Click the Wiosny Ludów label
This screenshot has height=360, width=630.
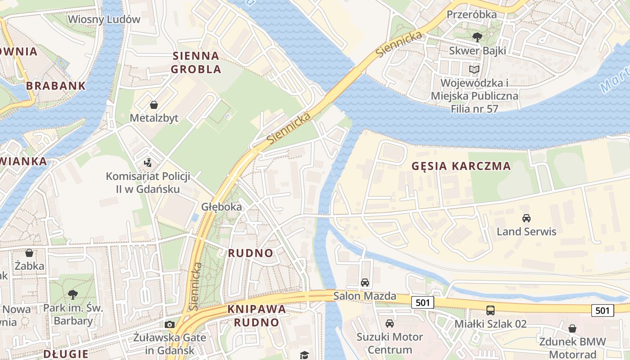click(x=104, y=19)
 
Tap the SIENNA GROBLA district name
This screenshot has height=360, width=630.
click(x=196, y=63)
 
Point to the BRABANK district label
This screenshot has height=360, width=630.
click(x=56, y=86)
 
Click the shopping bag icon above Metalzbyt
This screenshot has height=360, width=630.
click(x=154, y=105)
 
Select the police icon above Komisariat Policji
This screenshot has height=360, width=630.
click(x=148, y=162)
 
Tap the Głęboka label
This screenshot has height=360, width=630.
click(x=221, y=207)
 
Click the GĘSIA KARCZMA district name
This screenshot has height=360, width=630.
click(x=461, y=166)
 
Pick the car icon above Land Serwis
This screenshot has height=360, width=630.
click(x=526, y=218)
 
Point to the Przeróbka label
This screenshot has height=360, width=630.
click(x=472, y=14)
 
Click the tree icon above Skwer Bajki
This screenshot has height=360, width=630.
click(x=477, y=37)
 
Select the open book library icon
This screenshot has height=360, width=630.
click(x=474, y=69)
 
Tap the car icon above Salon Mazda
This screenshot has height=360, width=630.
click(x=364, y=283)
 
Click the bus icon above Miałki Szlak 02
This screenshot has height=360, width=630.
click(x=490, y=310)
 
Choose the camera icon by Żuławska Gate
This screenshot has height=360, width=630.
click(x=170, y=324)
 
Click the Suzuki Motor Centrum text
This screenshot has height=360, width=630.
click(x=390, y=343)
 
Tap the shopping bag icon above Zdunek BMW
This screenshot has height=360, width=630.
click(x=572, y=328)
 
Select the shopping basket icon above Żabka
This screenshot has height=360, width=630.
click(x=29, y=253)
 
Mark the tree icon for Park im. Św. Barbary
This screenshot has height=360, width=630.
click(x=72, y=295)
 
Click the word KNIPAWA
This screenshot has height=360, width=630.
click(x=256, y=309)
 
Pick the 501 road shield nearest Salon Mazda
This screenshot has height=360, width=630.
click(x=423, y=302)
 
